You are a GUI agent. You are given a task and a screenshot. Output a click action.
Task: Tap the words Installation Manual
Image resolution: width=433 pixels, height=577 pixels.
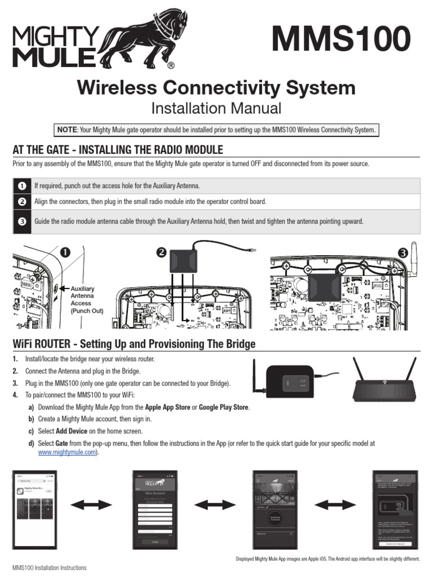coord(216,108)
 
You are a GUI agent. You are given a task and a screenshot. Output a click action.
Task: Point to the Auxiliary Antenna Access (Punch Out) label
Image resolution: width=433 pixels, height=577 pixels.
coord(86,299)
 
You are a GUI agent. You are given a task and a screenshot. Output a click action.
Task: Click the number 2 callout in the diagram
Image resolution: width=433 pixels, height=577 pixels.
coord(162,253)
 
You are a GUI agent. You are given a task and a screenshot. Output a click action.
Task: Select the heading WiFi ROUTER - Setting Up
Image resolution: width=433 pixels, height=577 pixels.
coord(134,344)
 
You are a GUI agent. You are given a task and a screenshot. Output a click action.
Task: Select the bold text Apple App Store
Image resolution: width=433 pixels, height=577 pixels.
coord(167,407)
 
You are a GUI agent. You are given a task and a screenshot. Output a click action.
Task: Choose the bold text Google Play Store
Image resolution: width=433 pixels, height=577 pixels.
coord(224,407)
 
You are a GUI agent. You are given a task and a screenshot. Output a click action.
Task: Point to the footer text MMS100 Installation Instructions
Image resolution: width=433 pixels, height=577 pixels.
coord(50,568)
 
